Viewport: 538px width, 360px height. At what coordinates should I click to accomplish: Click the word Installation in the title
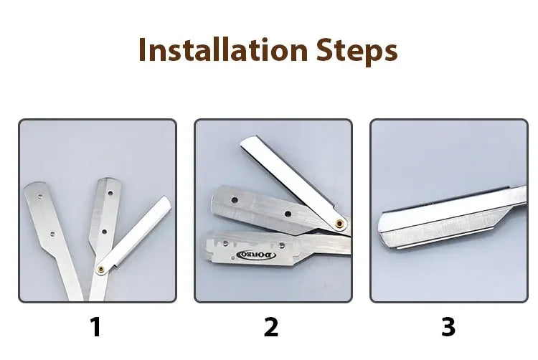[x=223, y=51]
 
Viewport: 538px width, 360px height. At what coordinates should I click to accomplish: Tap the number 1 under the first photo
[x=95, y=327]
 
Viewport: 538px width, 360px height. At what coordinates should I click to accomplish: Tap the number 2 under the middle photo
[x=270, y=327]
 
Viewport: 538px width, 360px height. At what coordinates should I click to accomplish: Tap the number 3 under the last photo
[x=448, y=327]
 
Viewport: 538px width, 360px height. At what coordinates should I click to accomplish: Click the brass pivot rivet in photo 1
[x=103, y=269]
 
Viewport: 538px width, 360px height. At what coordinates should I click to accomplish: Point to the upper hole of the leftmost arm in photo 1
[x=39, y=193]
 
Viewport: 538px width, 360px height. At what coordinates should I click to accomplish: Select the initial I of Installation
[x=143, y=51]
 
